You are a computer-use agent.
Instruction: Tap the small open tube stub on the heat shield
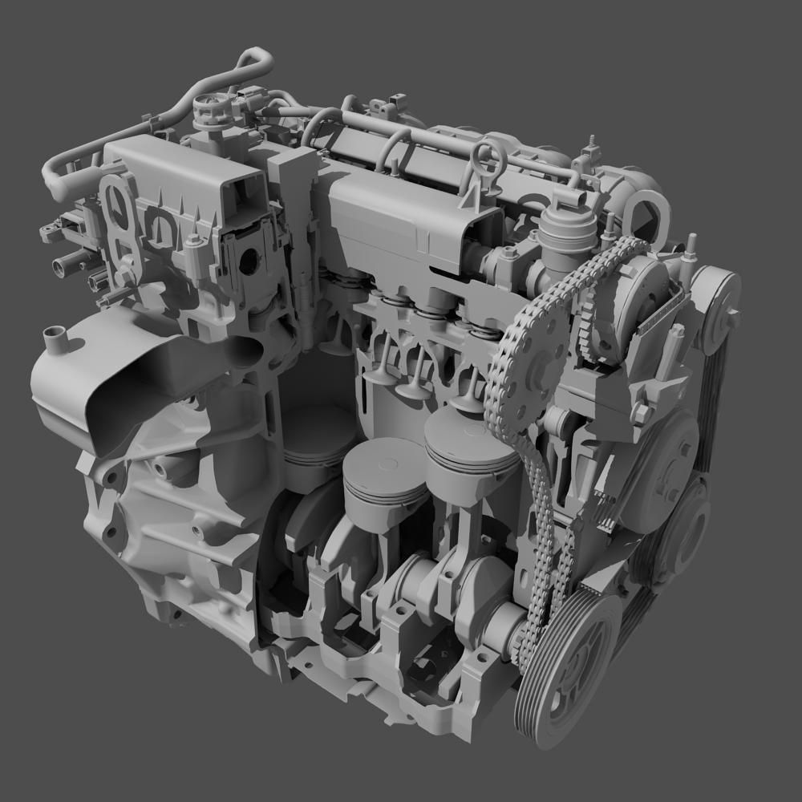[55, 337]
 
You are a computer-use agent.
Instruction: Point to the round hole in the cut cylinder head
[249, 260]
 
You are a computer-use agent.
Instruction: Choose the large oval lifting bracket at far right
[642, 213]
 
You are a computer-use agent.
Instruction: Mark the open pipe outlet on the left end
[65, 262]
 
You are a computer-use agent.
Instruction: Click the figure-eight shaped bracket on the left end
[119, 221]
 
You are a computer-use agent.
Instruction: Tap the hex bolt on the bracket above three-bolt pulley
[642, 413]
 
